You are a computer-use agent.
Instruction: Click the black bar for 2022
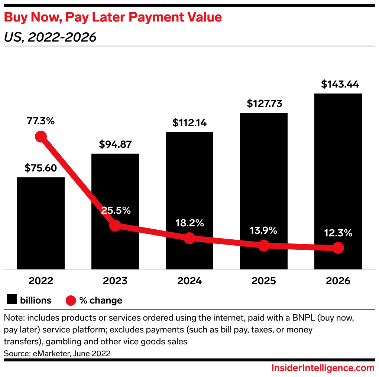pyautogui.click(x=41, y=223)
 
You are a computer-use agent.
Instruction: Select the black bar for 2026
pyautogui.click(x=338, y=167)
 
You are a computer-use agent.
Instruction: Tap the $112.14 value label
pyautogui.click(x=189, y=123)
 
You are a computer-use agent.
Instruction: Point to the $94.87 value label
pyautogui.click(x=115, y=144)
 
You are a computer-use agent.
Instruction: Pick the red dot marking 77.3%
pyautogui.click(x=41, y=137)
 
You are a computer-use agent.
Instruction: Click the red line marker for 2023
pyautogui.click(x=115, y=225)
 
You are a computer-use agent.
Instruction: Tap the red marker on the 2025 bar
pyautogui.click(x=263, y=245)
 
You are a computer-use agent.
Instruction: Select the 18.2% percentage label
pyautogui.click(x=189, y=223)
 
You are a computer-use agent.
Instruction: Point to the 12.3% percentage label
pyautogui.click(x=338, y=233)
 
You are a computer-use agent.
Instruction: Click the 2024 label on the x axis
pyautogui.click(x=189, y=281)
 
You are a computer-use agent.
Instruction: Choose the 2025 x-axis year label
pyautogui.click(x=263, y=281)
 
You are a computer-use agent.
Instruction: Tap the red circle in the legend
pyautogui.click(x=71, y=300)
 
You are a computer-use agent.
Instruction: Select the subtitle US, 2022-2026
pyautogui.click(x=50, y=37)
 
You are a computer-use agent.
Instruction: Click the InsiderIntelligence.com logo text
pyautogui.click(x=323, y=368)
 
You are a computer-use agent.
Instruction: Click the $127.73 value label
pyautogui.click(x=264, y=104)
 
